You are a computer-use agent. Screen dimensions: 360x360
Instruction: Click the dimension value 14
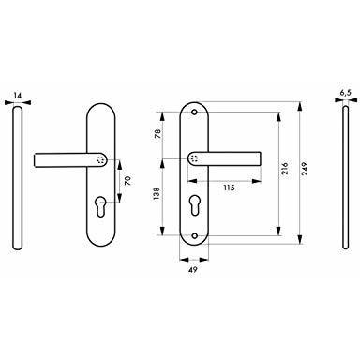[18, 95]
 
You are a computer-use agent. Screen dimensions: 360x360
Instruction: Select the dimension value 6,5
[346, 93]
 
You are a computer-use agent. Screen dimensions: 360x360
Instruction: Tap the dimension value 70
[128, 181]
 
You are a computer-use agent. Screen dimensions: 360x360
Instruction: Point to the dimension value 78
[157, 134]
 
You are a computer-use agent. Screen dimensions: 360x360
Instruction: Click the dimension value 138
[157, 193]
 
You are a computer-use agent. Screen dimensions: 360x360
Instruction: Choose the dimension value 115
[229, 187]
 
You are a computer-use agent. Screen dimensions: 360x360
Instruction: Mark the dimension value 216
[285, 169]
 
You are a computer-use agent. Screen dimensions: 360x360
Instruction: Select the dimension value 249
[305, 169]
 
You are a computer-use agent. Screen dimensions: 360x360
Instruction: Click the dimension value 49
[193, 269]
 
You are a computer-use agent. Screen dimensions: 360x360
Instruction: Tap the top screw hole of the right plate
[194, 112]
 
